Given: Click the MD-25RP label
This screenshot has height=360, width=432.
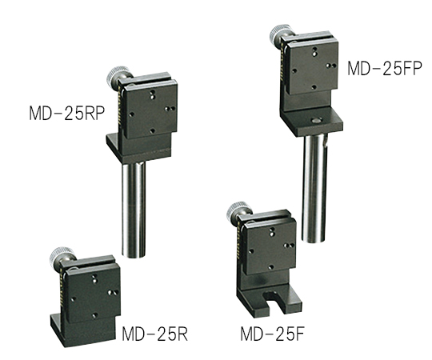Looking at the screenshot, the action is tap(67, 114).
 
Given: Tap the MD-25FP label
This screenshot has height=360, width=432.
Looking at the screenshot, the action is tap(384, 69).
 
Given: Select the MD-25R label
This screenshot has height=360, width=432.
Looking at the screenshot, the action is tap(155, 334).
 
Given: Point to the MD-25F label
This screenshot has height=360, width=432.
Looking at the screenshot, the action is tap(272, 334).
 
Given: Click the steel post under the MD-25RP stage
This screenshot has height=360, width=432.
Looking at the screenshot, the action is tap(134, 210).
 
